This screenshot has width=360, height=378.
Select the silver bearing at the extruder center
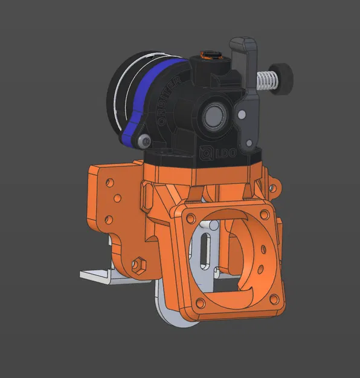tap(213, 114)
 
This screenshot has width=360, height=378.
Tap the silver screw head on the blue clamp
tap(144, 140)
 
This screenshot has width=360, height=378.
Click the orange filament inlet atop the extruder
tap(208, 56)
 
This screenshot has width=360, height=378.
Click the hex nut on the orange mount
tap(138, 264)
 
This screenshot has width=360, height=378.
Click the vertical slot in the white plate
tap(205, 253)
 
